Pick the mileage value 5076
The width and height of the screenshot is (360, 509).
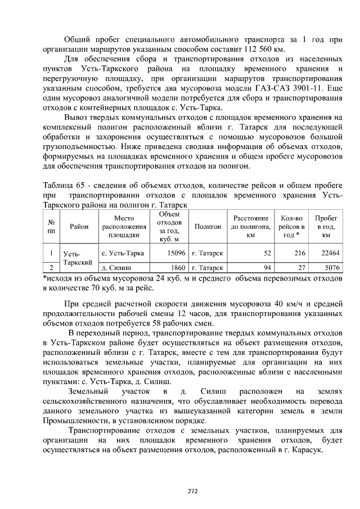point(331,268)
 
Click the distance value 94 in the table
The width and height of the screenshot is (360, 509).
point(267,268)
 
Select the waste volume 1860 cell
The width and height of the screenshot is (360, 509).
point(177,268)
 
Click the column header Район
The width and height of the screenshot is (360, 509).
point(79,226)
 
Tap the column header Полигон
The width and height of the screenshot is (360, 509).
point(208,226)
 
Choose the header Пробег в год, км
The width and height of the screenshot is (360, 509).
point(326,226)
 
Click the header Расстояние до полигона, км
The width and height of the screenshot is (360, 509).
point(251,226)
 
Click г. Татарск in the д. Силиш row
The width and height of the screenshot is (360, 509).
point(207,268)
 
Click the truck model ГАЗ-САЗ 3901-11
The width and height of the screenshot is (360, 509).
point(287,88)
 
